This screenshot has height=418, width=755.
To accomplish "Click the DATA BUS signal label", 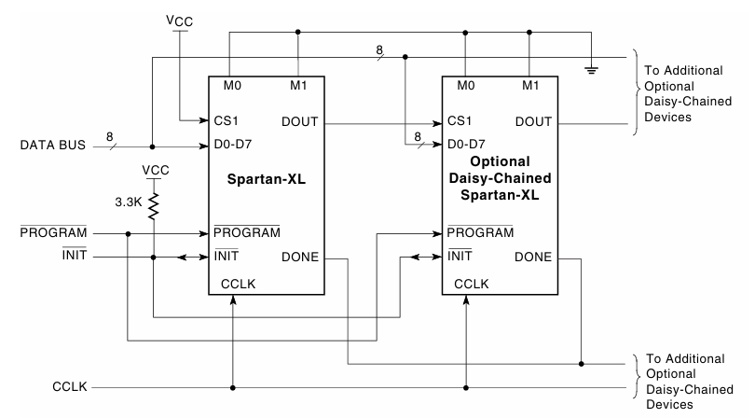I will pos(52,146).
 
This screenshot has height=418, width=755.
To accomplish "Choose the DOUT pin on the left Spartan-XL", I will pos(298,121).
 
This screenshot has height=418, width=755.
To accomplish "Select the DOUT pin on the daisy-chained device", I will pos(531,121).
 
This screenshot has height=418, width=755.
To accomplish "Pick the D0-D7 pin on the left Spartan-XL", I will pos(233,146).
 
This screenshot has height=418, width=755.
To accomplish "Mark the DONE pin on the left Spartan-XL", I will pos(298,258).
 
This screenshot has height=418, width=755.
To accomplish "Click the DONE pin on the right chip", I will pos(531,258).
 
